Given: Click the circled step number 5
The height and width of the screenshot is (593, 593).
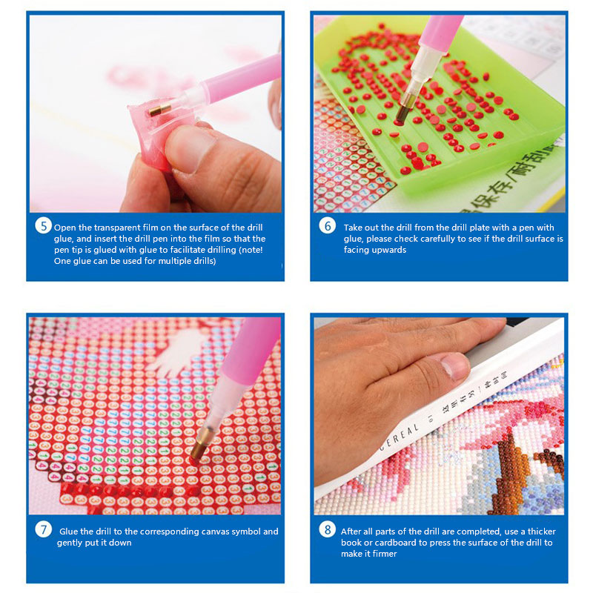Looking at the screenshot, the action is coord(44,226).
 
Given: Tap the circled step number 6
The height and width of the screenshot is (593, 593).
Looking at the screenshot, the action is coord(328,226).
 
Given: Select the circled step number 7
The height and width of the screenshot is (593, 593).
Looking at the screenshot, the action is coord(44,529).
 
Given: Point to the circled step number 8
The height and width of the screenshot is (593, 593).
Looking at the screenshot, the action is coord(328,529).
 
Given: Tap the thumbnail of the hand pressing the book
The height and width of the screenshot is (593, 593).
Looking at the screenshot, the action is coord(455,366).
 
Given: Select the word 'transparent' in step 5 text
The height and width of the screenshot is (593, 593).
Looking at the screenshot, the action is coord(116,228).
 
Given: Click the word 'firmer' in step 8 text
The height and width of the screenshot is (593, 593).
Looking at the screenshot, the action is coord(384,554).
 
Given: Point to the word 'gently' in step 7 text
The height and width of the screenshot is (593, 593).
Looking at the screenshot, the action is coord(69,543).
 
